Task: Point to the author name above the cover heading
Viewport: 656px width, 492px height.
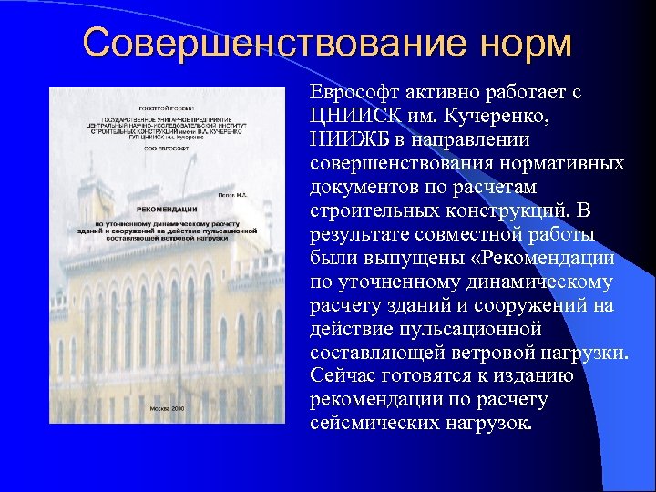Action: tap(233, 193)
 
